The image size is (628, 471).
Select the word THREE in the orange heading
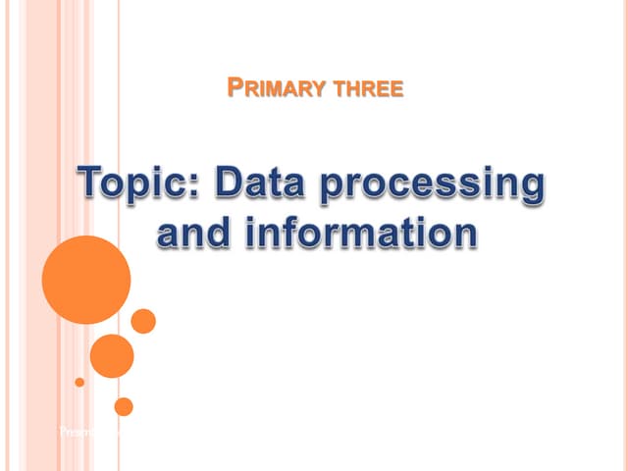368,89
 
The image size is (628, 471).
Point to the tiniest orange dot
79,382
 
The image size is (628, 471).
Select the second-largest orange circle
112,355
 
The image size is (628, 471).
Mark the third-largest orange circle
143,321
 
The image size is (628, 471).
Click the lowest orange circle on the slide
124,406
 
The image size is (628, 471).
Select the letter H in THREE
350,89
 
